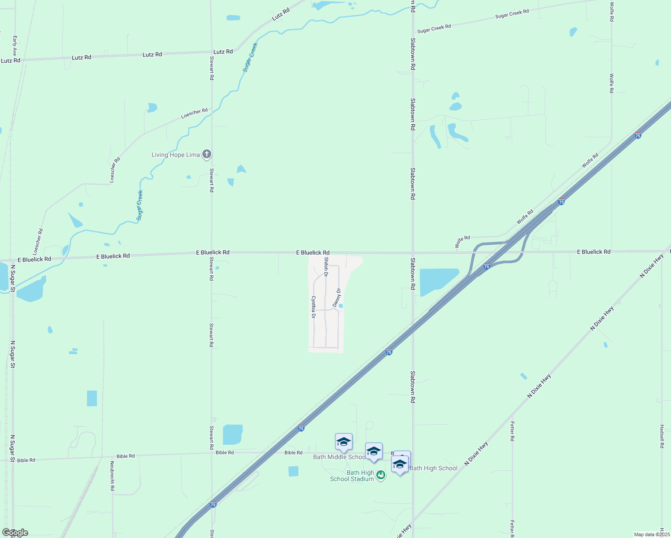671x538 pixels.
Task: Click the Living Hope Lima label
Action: click(x=175, y=155)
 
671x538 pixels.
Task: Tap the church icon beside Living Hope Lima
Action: click(x=207, y=155)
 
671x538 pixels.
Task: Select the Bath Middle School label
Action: click(x=339, y=457)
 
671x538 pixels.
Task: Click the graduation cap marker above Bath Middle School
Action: click(x=344, y=442)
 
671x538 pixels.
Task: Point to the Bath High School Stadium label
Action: click(x=353, y=476)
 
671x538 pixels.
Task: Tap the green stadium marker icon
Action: click(x=381, y=475)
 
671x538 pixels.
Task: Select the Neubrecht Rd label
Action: click(x=113, y=476)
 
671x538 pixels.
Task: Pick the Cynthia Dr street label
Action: click(x=313, y=307)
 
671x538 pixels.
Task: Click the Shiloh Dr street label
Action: click(x=326, y=267)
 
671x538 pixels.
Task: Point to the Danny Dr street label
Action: click(x=337, y=298)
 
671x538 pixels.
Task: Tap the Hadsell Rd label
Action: click(x=662, y=436)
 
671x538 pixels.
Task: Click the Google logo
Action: click(x=15, y=533)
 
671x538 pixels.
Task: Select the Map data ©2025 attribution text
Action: click(x=651, y=534)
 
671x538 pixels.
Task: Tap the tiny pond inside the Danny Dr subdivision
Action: click(x=341, y=306)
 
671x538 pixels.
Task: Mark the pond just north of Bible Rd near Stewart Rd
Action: click(x=232, y=434)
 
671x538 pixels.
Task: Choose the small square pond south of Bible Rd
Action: click(x=293, y=471)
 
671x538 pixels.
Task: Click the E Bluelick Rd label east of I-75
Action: click(x=593, y=252)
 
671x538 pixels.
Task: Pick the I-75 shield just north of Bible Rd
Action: click(x=301, y=429)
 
